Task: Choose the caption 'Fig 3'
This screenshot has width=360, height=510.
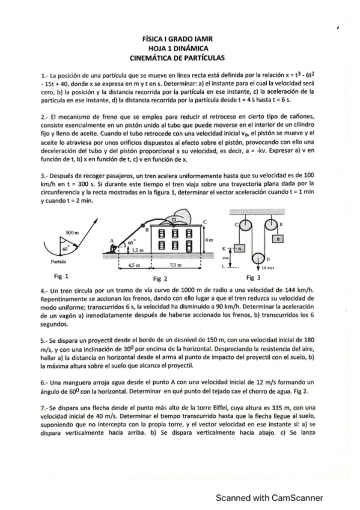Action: (253, 278)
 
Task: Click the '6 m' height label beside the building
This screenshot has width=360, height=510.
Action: (209, 240)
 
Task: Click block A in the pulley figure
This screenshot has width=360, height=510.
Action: (240, 247)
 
